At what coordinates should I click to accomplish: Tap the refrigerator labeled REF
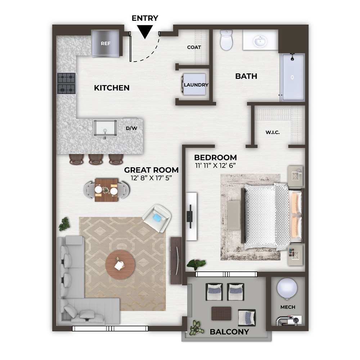[x=105, y=44]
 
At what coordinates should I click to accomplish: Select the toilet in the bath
[x=226, y=40]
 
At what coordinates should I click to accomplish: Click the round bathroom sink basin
[x=260, y=41]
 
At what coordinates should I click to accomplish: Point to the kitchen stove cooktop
[x=67, y=83]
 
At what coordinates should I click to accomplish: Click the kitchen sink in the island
[x=105, y=128]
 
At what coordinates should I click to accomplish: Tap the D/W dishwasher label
[x=131, y=128]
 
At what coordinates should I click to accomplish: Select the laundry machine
[x=194, y=84]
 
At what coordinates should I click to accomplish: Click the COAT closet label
[x=194, y=47]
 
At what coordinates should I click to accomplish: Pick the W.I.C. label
[x=273, y=132]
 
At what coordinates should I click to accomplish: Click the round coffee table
[x=120, y=265]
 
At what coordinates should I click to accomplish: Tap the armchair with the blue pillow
[x=157, y=218]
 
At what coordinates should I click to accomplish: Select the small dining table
[x=106, y=190]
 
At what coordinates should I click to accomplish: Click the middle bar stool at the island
[x=96, y=159]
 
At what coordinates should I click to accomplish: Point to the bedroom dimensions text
[x=215, y=166]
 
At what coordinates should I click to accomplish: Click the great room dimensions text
[x=151, y=178]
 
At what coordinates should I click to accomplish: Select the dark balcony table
[x=221, y=314]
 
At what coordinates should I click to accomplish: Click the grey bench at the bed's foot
[x=234, y=215]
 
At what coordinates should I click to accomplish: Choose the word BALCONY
[x=229, y=332]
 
